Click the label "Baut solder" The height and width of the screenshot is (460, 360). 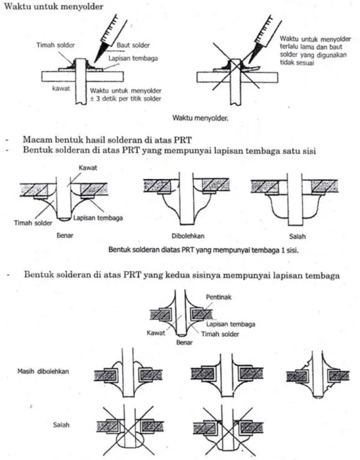(133, 45)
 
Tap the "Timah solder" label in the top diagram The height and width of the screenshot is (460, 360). (55, 45)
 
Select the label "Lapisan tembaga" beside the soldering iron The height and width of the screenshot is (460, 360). (133, 58)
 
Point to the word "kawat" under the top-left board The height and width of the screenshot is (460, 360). (61, 89)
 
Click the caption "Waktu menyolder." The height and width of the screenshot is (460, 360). (200, 118)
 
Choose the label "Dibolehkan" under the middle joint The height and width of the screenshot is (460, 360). (188, 236)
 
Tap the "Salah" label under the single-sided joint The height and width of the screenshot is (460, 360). (297, 236)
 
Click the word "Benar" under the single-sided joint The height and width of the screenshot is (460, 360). (65, 235)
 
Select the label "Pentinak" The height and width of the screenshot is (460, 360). (219, 297)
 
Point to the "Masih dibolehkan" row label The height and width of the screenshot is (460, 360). (43, 371)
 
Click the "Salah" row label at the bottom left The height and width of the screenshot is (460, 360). (62, 425)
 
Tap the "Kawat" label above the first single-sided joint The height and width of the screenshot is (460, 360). (88, 168)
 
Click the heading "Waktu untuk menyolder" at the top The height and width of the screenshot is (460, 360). (54, 6)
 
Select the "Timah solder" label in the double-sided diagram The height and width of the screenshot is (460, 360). (220, 334)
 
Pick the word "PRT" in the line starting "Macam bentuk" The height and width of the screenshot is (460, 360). (182, 140)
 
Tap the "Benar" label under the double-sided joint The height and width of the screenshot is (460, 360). (184, 343)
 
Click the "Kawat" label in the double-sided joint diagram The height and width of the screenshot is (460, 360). (156, 333)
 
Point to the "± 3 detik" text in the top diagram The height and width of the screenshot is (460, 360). (104, 99)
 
